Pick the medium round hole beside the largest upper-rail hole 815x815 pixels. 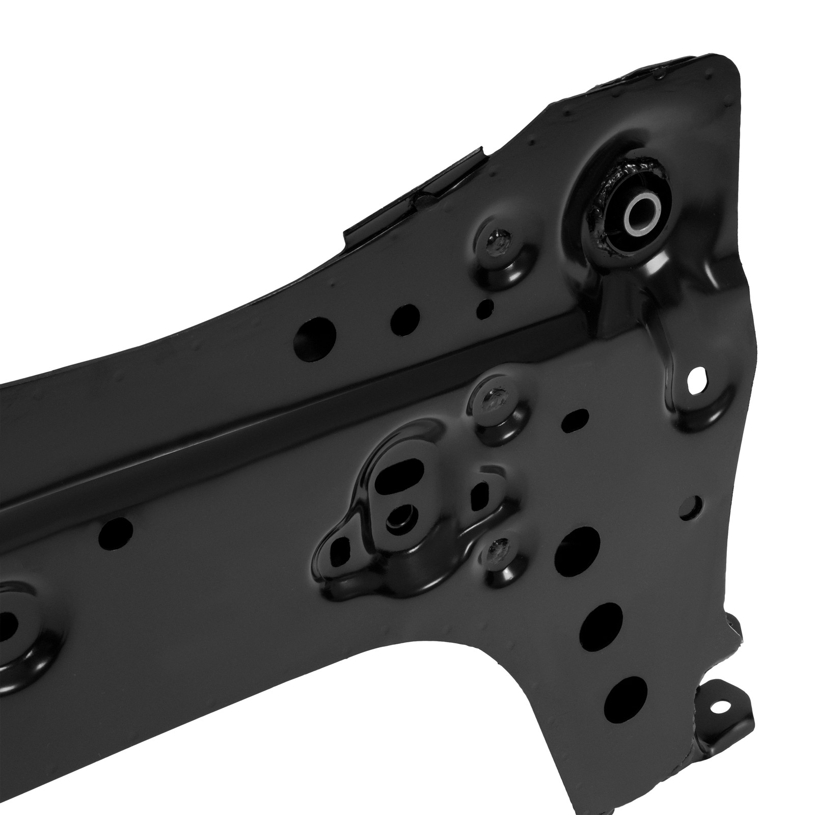click(405, 317)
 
